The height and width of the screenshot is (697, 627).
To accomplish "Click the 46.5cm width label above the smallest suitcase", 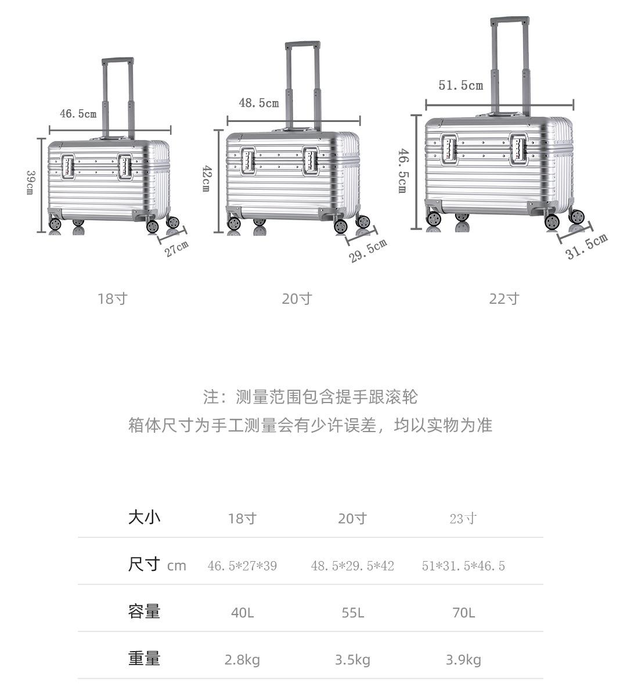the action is click(78, 114).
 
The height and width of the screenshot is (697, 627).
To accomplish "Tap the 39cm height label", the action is click(30, 182).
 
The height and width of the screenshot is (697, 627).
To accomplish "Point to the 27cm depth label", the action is click(176, 249).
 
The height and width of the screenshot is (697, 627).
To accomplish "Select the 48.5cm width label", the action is click(259, 103).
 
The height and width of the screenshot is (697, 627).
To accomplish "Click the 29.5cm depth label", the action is click(368, 251).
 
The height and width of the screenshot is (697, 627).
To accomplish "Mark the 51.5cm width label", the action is click(460, 85).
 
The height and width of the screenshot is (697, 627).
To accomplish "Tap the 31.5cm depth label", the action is click(586, 246).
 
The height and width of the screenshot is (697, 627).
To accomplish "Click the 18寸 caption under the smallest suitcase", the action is click(112, 299).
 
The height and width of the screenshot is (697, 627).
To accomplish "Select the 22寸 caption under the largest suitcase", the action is click(504, 299).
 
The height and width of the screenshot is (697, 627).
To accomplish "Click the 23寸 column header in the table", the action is click(463, 519).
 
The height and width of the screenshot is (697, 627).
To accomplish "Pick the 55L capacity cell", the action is click(352, 613).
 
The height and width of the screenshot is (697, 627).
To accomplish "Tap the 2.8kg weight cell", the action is click(242, 660).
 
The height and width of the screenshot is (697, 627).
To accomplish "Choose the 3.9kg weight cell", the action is click(463, 660).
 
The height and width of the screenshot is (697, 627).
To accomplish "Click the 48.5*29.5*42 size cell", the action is click(352, 566).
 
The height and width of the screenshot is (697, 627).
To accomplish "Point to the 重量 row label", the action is click(144, 659).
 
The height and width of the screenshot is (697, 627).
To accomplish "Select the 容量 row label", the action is click(144, 612).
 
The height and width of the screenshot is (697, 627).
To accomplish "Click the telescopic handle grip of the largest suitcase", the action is click(509, 21).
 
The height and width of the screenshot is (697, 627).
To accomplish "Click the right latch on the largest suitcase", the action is click(518, 149).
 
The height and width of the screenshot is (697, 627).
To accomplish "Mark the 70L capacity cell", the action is click(463, 613).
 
